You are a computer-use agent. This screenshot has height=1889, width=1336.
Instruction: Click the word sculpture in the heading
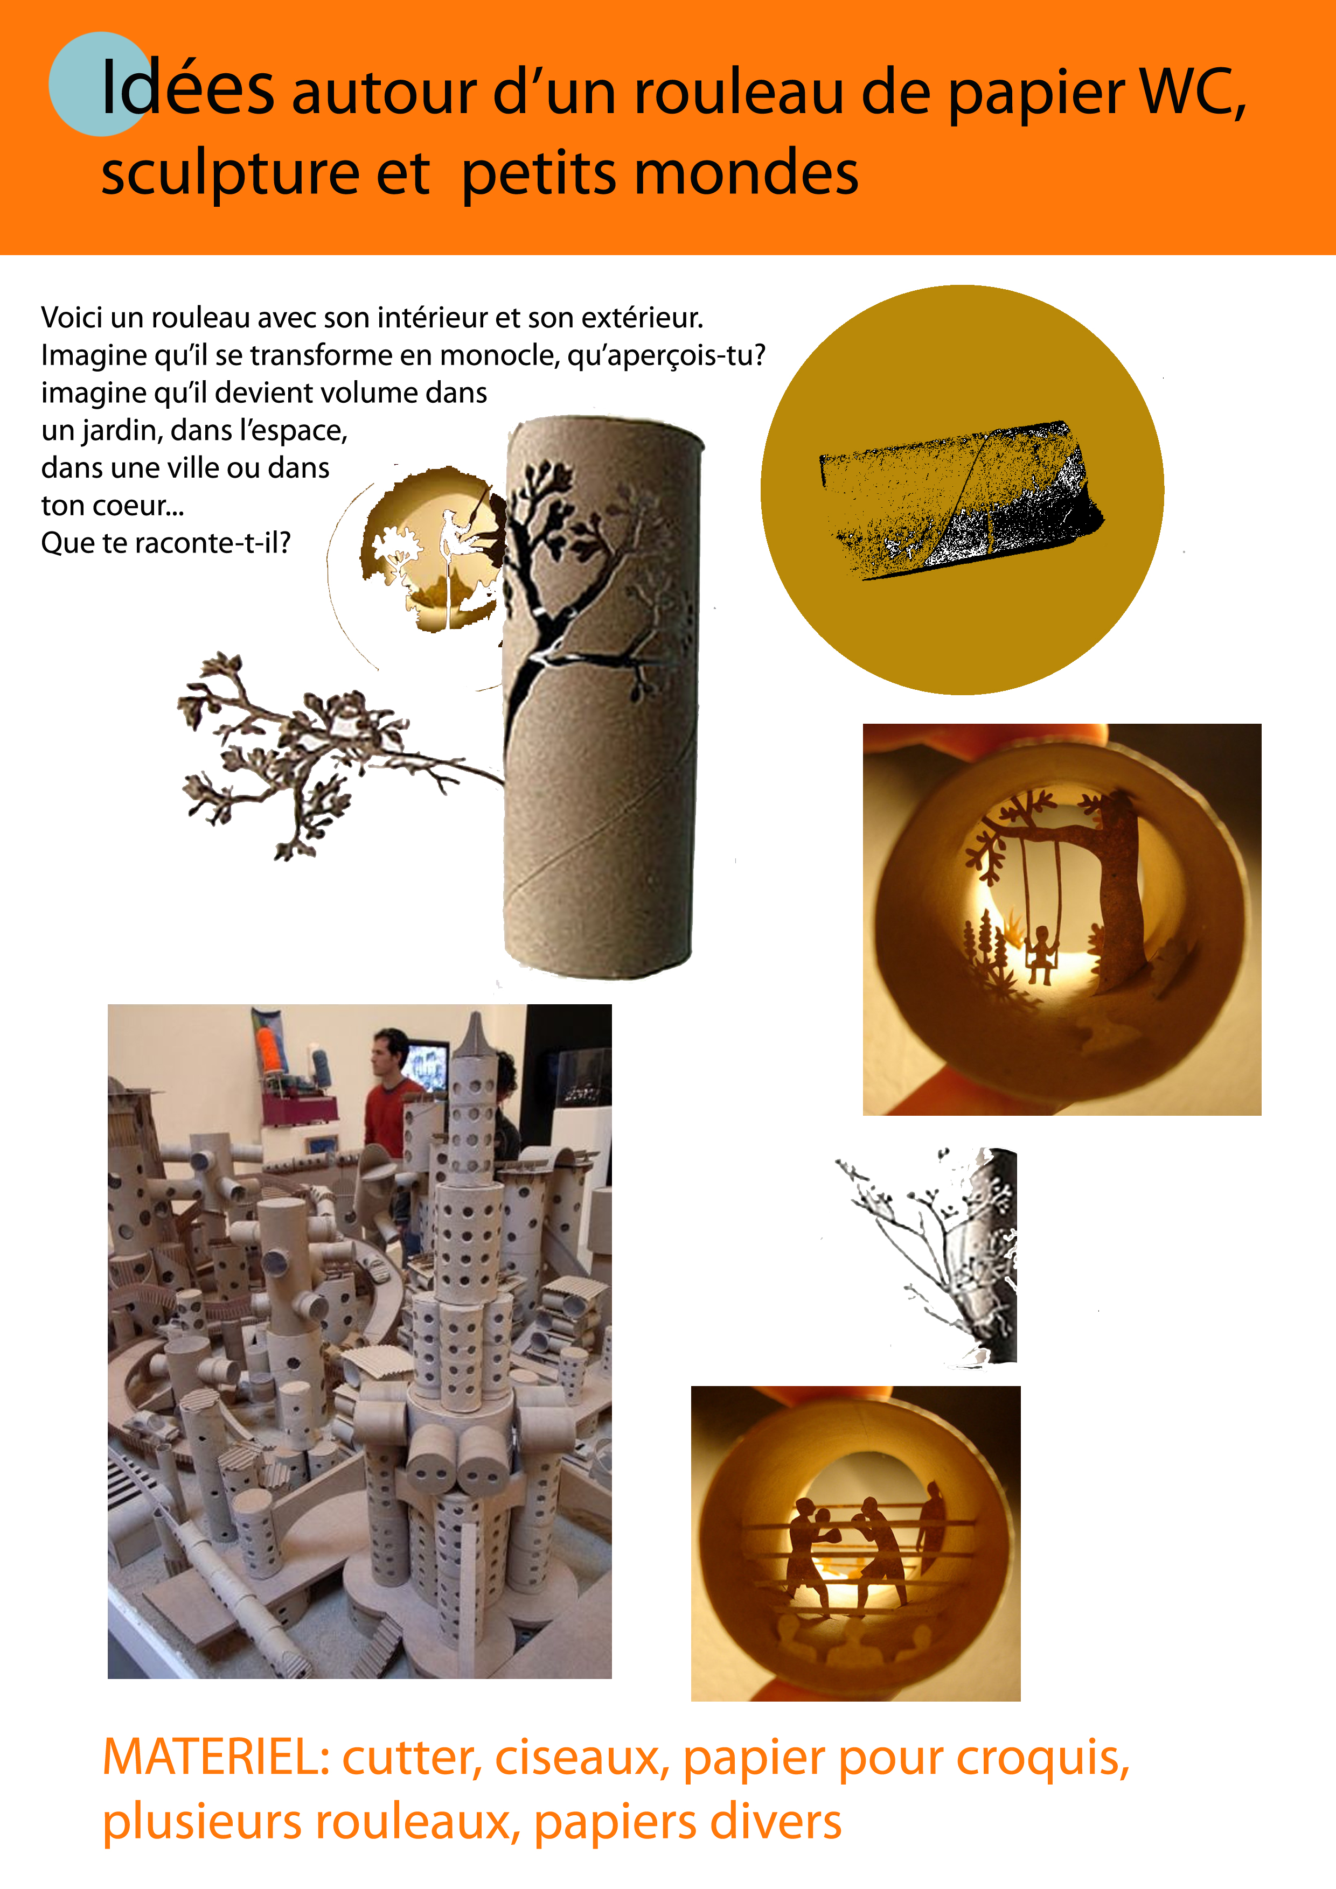click(x=231, y=174)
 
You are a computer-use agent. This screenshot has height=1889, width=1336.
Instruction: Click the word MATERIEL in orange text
click(x=215, y=1758)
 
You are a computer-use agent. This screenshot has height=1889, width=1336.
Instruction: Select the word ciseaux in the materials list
click(x=581, y=1758)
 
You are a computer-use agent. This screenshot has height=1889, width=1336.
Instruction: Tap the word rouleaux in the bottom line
click(x=417, y=1822)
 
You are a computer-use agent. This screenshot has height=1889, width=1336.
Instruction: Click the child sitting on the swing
click(x=1041, y=954)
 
